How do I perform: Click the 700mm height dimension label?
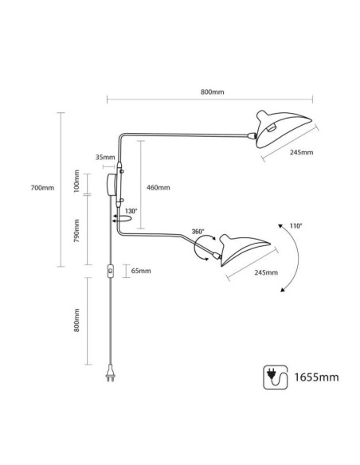click(x=42, y=188)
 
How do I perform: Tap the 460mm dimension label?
click(x=158, y=188)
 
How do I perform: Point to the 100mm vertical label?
click(x=76, y=182)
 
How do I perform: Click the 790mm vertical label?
click(x=76, y=231)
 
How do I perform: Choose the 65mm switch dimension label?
click(x=141, y=271)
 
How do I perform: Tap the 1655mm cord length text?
click(x=316, y=377)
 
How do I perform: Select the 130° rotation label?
click(x=131, y=211)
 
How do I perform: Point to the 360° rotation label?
click(x=198, y=232)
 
